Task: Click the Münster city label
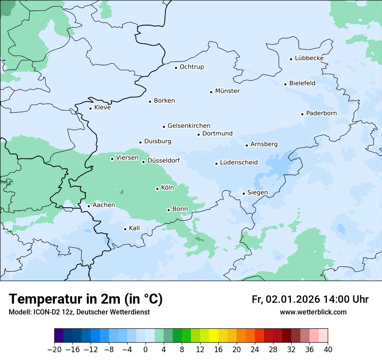tap(227, 91)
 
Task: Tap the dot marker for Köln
tap(157, 189)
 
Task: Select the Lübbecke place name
tap(309, 58)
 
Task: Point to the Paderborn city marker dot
tap(302, 114)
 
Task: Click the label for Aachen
tap(104, 205)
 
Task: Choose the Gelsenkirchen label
tap(189, 126)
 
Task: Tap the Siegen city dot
tap(244, 193)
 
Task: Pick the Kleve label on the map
tap(102, 108)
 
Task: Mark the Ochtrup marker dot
tap(176, 67)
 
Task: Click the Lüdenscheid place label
tap(239, 163)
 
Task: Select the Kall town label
tap(134, 228)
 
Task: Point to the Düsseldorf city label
tap(164, 160)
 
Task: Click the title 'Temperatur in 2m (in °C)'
tap(86, 299)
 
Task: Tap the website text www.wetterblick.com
tap(313, 312)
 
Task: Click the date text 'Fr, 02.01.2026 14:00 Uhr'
tap(310, 299)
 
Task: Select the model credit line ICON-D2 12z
tap(79, 312)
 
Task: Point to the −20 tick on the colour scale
tap(54, 350)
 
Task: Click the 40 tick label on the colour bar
tap(328, 350)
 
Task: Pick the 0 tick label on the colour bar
tap(145, 350)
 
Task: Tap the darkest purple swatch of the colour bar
tap(59, 336)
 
